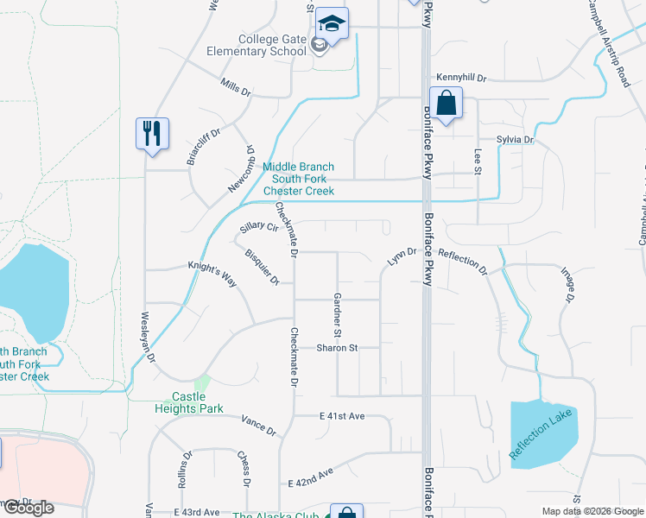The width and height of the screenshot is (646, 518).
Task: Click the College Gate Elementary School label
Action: (x=273, y=44)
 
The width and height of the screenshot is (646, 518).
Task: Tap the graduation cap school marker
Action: (x=332, y=22)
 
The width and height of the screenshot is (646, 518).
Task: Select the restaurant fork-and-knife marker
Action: (x=153, y=134)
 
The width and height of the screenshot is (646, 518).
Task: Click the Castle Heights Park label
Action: (x=197, y=402)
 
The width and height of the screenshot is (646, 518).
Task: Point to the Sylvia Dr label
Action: (x=516, y=139)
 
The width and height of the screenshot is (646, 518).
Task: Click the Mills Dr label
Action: (x=235, y=88)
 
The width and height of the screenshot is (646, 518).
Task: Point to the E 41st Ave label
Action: (x=342, y=416)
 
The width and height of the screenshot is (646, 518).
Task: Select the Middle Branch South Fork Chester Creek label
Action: (x=298, y=179)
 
